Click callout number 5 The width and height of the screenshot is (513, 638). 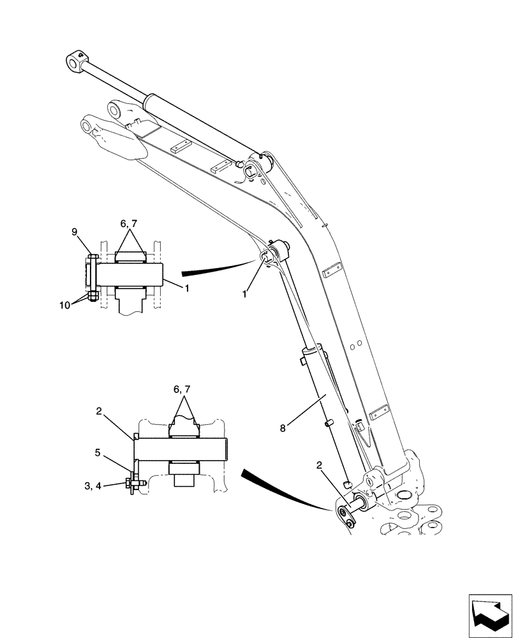click(98, 454)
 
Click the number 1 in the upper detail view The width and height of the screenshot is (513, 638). click(186, 289)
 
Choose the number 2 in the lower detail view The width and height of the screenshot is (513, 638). click(100, 413)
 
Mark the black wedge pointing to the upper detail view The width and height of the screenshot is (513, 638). click(217, 269)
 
